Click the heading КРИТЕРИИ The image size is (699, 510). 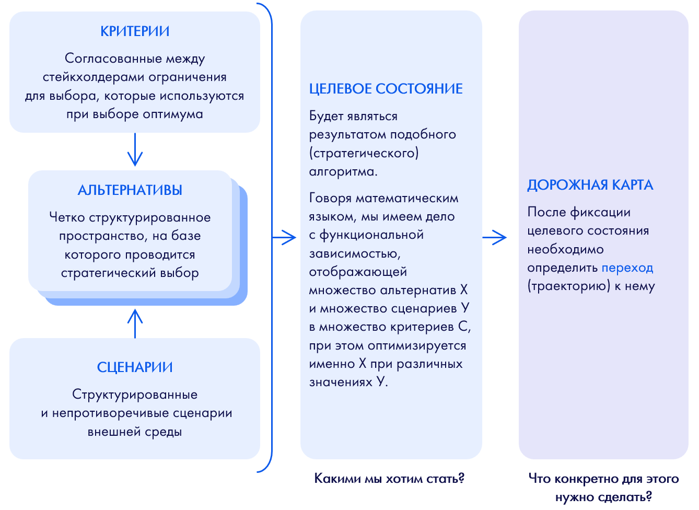pyautogui.click(x=135, y=31)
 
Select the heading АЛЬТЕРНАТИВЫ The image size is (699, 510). pyautogui.click(x=130, y=190)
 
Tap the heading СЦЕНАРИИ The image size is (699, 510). pyautogui.click(x=135, y=367)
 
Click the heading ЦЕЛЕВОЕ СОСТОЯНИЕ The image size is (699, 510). pyautogui.click(x=386, y=89)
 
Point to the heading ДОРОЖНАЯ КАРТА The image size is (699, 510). pyautogui.click(x=590, y=185)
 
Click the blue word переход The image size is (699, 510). pyautogui.click(x=627, y=268)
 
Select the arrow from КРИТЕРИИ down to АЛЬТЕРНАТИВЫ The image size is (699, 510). pyautogui.click(x=135, y=150)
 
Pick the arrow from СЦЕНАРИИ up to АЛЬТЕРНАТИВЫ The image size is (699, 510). pyautogui.click(x=135, y=323)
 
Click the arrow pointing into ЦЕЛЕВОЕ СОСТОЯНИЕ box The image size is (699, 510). pyautogui.click(x=285, y=237)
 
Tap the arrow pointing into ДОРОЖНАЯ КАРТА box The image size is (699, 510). pyautogui.click(x=495, y=237)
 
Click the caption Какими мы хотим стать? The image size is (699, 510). pyautogui.click(x=389, y=479)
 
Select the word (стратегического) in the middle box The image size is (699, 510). pyautogui.click(x=364, y=153)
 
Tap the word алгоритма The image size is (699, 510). pyautogui.click(x=343, y=172)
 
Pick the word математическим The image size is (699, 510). pyautogui.click(x=407, y=199)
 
